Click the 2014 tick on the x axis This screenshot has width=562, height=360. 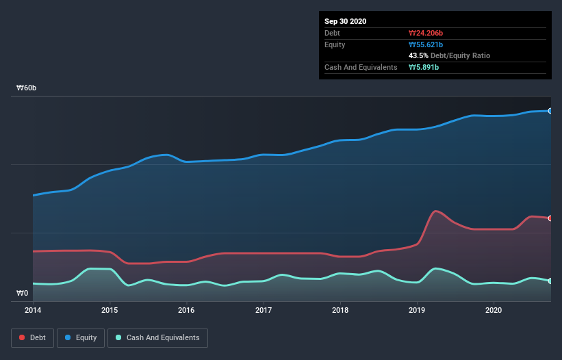[x=33, y=310]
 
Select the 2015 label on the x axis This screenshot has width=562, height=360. [x=110, y=310]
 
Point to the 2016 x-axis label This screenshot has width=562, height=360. [x=186, y=310]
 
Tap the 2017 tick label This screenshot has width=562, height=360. [x=264, y=310]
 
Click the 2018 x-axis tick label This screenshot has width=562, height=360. [x=340, y=310]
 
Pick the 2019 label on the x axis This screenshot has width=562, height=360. [x=417, y=310]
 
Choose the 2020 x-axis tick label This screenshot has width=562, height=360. [x=494, y=310]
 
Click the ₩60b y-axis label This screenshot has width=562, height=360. [x=27, y=88]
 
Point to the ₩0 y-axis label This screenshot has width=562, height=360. [x=23, y=294]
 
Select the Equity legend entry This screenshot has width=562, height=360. [x=81, y=337]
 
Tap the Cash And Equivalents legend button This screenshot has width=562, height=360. [x=157, y=337]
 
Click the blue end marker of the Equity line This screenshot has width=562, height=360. [x=550, y=110]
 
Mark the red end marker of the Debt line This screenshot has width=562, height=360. [x=550, y=218]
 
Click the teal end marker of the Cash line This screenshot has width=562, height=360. [x=550, y=281]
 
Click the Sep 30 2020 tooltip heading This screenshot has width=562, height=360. [x=346, y=21]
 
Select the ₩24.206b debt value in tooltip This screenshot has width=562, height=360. [x=426, y=33]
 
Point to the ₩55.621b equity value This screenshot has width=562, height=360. [x=426, y=44]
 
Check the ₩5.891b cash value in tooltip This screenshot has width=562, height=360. [x=424, y=67]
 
